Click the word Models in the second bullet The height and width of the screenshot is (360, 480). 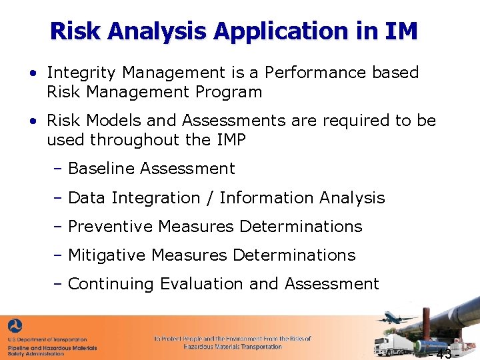(x=111, y=121)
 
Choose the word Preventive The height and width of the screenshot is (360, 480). (x=111, y=227)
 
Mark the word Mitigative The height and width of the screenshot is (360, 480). (x=107, y=255)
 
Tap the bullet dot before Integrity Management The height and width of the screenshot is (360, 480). (x=33, y=73)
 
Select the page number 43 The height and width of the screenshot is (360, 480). (x=444, y=353)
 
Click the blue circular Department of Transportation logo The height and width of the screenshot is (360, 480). (x=15, y=326)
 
